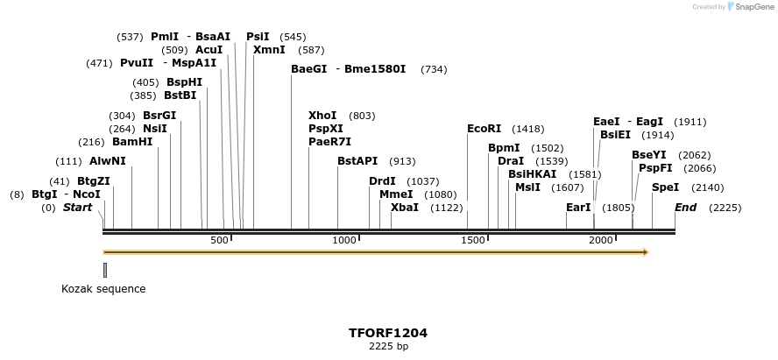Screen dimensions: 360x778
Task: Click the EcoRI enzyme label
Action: tap(484, 129)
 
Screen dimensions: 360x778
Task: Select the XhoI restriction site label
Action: tap(322, 116)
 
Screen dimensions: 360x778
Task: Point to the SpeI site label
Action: tap(665, 187)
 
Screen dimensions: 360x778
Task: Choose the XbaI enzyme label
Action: tap(404, 208)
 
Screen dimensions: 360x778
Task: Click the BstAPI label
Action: tap(357, 161)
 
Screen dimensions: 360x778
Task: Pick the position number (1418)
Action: tap(528, 129)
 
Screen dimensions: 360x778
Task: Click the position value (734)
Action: tap(434, 69)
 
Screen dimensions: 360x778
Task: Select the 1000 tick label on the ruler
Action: tap(344, 240)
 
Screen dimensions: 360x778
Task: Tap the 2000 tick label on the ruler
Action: tap(600, 240)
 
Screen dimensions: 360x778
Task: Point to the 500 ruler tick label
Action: tap(218, 240)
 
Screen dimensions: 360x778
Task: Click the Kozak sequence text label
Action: tap(103, 289)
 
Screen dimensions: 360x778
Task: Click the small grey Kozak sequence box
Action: tap(105, 270)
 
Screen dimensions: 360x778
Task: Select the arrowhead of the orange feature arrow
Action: tap(646, 252)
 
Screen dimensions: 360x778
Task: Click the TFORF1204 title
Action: tap(388, 333)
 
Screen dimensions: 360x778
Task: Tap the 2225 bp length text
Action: tap(388, 347)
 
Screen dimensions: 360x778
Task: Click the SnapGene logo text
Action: tap(753, 7)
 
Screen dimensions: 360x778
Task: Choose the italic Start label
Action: tap(77, 208)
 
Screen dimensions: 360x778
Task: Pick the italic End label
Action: tap(686, 208)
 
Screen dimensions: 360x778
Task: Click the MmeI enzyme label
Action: tap(396, 194)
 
